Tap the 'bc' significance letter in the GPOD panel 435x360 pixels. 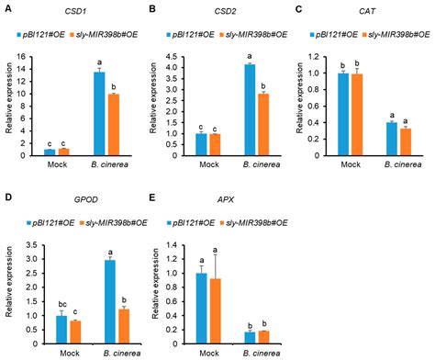49,300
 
